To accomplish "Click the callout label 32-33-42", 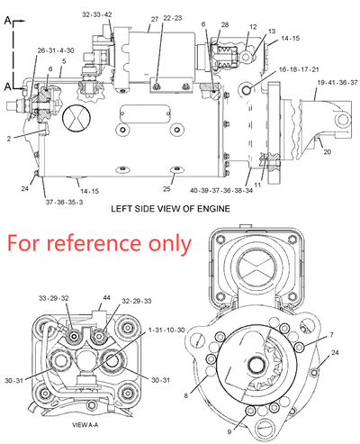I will coord(97,15).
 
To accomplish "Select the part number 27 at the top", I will coord(154,19).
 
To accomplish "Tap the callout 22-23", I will coord(172,30).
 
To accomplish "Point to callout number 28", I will coord(224,25).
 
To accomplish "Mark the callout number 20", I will coord(327,152).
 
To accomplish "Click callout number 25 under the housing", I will coord(167,189).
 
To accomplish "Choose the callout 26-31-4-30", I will coord(56,50).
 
